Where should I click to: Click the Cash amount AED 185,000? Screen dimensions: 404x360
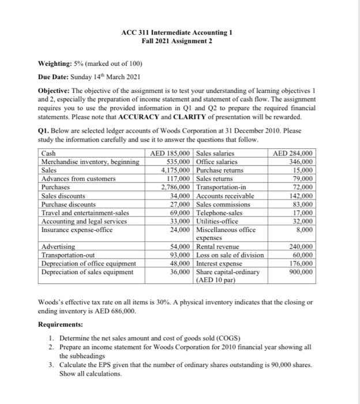click(171, 154)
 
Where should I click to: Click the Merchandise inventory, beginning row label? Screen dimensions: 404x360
click(91, 162)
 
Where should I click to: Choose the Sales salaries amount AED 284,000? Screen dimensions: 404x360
click(294, 154)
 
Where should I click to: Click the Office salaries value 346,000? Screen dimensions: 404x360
click(301, 162)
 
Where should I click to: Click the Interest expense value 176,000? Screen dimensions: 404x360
click(301, 263)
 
